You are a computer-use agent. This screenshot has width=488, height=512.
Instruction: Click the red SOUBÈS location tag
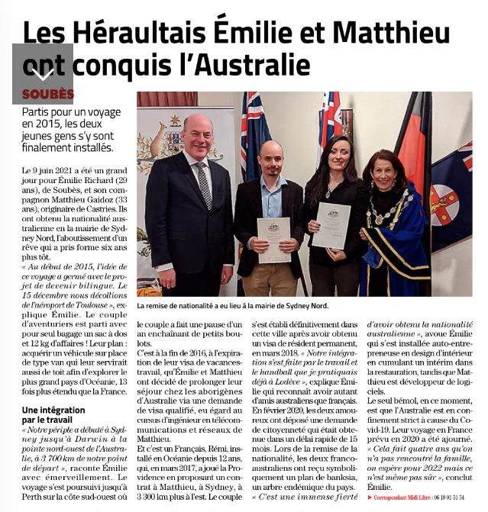(48, 94)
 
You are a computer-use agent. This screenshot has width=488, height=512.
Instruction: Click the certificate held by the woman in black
(331, 224)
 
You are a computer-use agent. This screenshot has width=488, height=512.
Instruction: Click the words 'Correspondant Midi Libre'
(409, 497)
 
